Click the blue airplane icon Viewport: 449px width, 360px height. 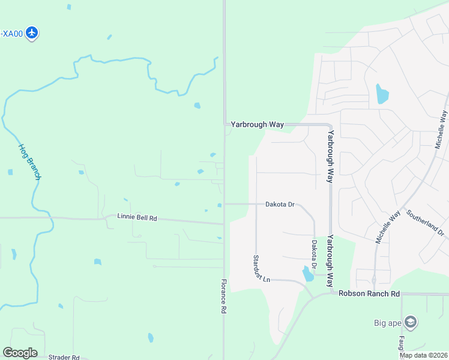[33, 33]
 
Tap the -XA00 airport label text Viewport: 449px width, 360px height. [11, 34]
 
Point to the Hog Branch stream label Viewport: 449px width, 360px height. [29, 161]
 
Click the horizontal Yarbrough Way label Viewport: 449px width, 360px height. [258, 124]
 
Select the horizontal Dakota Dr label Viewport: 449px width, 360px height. [280, 205]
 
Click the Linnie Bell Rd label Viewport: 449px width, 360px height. [137, 218]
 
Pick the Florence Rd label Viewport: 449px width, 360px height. [223, 296]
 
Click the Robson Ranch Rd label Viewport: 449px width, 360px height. [369, 293]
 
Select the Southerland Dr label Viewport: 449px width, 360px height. [425, 222]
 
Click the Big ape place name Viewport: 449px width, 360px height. [388, 323]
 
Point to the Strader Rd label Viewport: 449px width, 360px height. [64, 357]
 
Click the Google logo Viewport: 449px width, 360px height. [20, 353]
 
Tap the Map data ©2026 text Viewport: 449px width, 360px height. [423, 355]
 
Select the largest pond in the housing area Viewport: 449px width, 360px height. [382, 94]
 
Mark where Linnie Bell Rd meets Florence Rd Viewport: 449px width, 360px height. [224, 224]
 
